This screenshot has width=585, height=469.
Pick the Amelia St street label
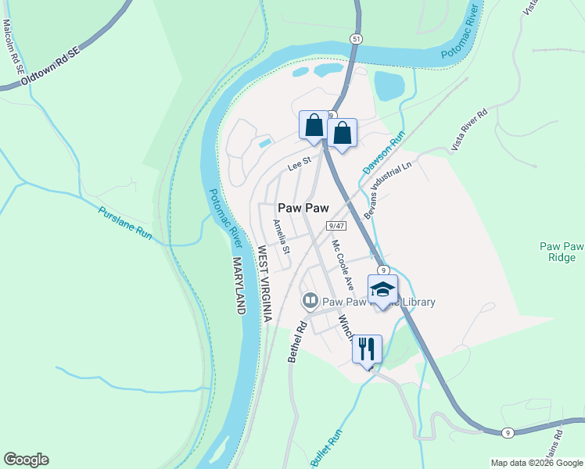point(281,237)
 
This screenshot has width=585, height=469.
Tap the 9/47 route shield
point(337,225)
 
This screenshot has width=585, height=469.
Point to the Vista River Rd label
point(468,130)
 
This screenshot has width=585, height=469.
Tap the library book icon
point(310,300)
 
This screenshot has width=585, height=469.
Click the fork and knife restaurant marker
point(367,348)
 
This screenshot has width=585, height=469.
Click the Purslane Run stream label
point(125,222)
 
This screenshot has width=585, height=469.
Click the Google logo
point(26,460)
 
